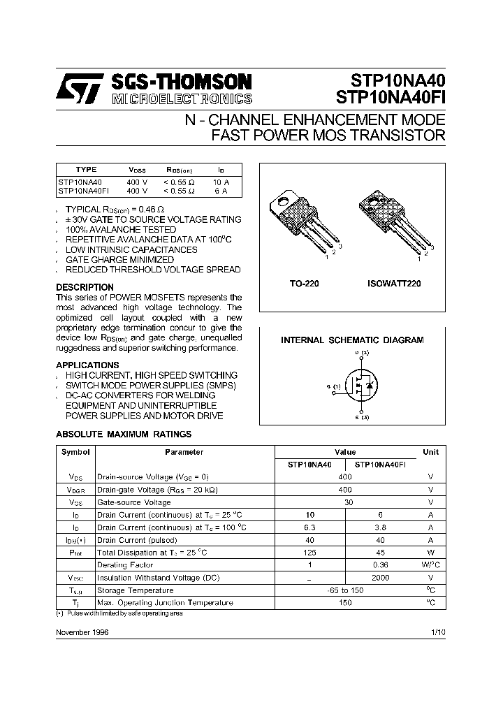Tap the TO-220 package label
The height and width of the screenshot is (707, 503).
[x=304, y=284]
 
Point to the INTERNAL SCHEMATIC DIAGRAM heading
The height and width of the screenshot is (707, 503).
[x=352, y=340]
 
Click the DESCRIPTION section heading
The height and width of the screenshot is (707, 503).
[x=85, y=287]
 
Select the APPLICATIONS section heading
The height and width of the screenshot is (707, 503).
[x=87, y=365]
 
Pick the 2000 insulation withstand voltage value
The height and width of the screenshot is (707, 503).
[x=381, y=578]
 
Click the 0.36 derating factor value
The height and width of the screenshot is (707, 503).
[x=381, y=565]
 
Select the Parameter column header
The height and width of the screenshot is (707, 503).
[x=184, y=452]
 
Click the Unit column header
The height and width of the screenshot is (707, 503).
[x=430, y=452]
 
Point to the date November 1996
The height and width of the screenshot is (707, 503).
[x=82, y=632]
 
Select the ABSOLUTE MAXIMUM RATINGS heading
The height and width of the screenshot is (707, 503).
[x=124, y=434]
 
